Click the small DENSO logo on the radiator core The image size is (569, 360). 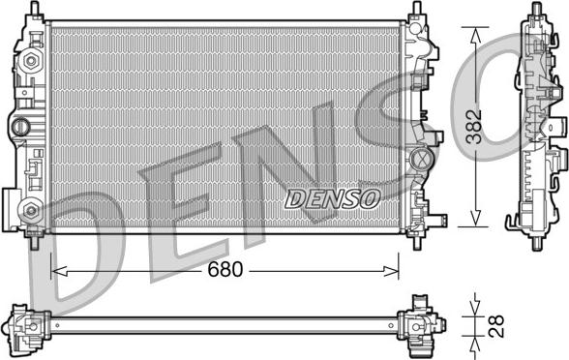pos(332,198)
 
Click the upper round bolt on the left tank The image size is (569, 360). pos(30,61)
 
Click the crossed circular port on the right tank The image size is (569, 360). pos(420,159)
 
